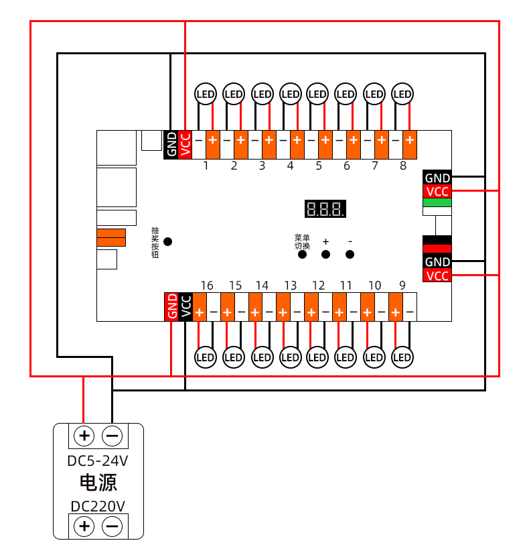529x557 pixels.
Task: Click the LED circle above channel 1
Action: (206, 95)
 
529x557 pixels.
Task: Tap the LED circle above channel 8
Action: (402, 95)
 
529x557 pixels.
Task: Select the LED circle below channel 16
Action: (206, 357)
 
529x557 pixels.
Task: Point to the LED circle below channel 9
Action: (402, 357)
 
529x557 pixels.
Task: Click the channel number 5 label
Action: (318, 166)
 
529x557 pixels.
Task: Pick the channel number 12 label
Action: (318, 286)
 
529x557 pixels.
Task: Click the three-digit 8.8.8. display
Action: (325, 208)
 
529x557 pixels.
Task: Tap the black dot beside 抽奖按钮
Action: (168, 241)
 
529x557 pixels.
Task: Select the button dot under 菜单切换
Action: (302, 254)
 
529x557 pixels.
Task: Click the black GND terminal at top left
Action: (171, 144)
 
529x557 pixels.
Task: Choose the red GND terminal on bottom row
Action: (171, 306)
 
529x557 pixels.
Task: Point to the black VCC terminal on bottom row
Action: (185, 306)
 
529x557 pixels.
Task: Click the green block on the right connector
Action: (437, 202)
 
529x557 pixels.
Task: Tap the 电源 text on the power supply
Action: (98, 483)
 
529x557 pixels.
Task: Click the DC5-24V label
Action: (98, 461)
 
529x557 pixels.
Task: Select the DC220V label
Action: (98, 506)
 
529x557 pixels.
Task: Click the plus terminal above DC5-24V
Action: (84, 436)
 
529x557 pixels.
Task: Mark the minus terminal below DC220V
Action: (112, 526)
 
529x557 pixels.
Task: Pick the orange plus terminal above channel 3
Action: (269, 140)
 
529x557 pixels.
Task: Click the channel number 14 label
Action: (262, 286)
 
